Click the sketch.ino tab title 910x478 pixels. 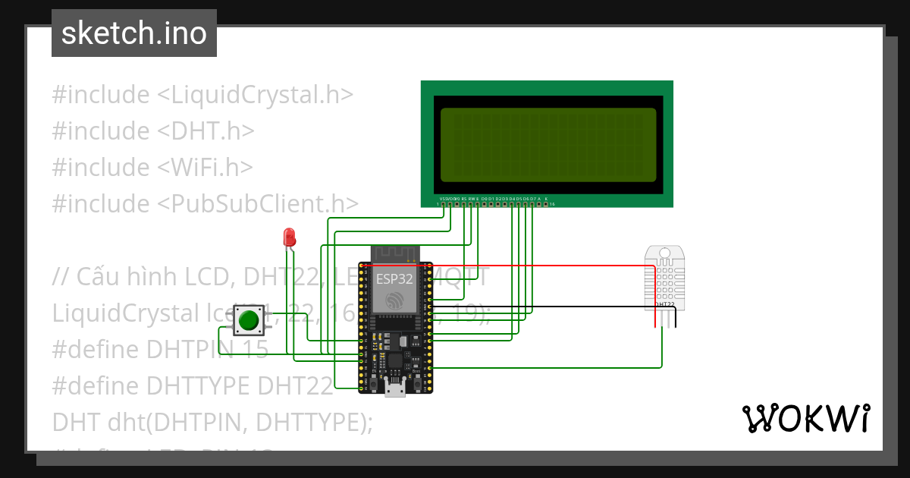point(134,33)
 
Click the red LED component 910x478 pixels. point(289,237)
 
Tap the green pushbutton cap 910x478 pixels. point(247,322)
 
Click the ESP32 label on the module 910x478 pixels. point(394,278)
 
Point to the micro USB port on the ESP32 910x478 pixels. point(394,389)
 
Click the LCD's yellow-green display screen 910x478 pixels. point(548,144)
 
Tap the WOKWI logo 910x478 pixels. point(805,418)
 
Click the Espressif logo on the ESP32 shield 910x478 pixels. point(394,301)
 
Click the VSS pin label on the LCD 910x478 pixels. point(444,198)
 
